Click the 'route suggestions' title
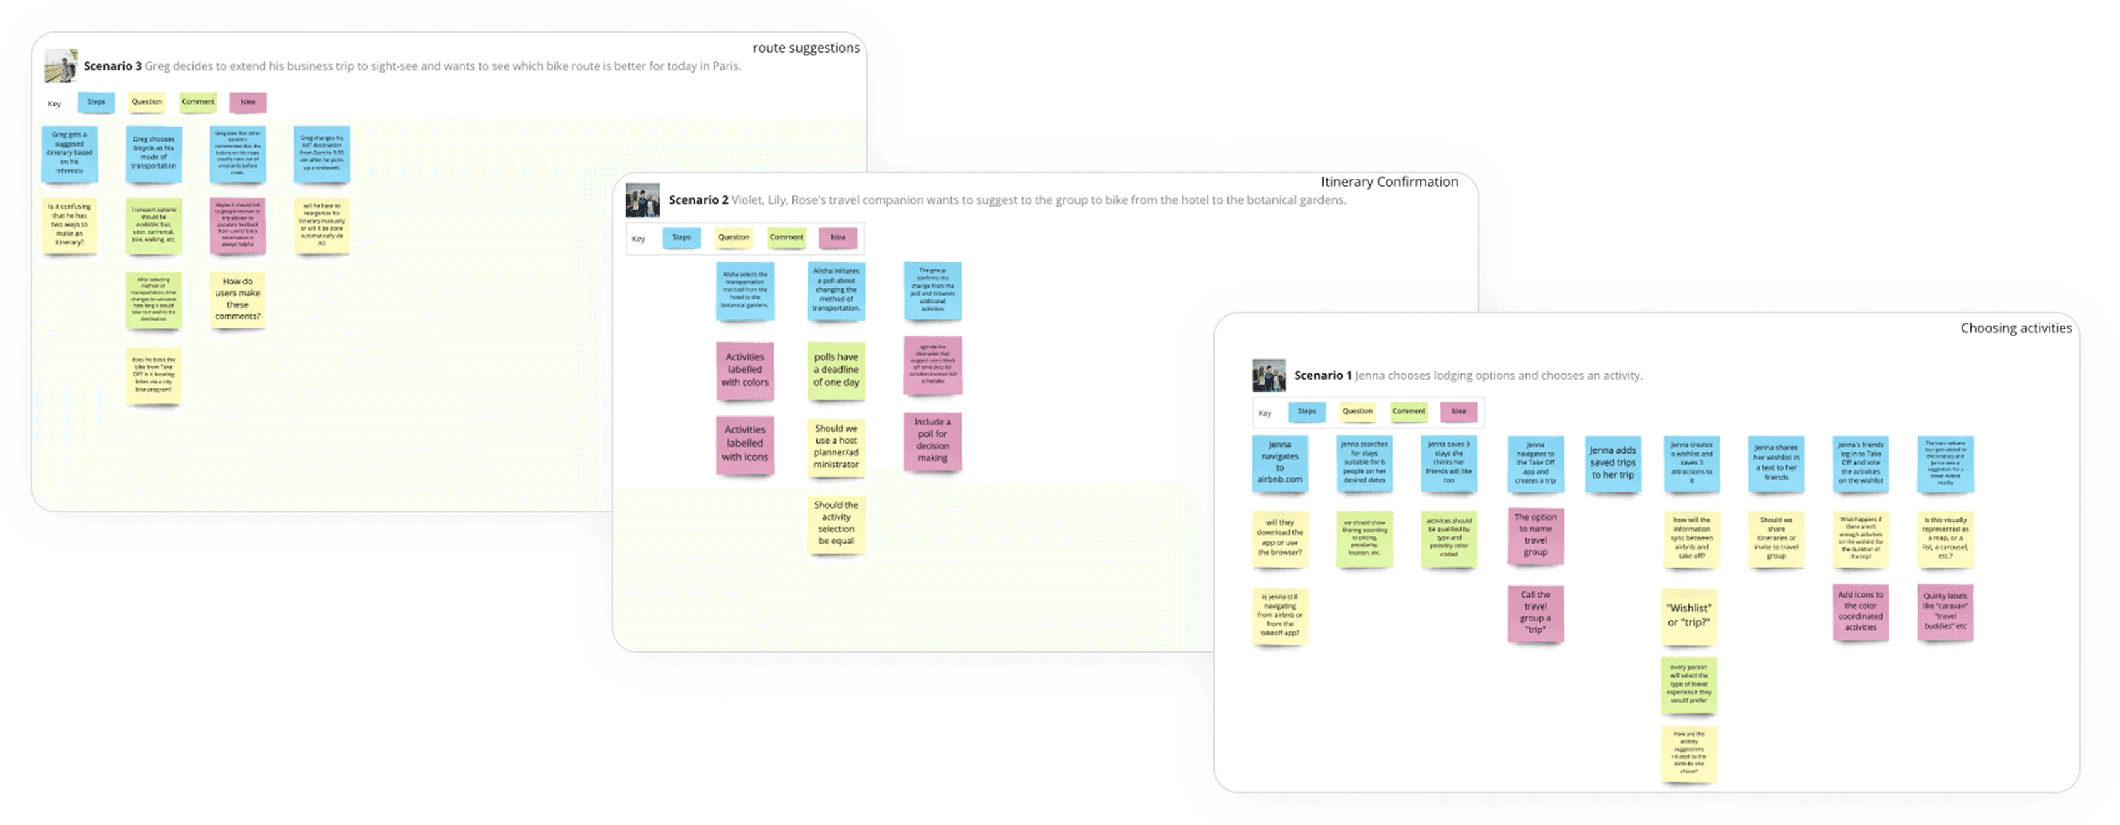805,48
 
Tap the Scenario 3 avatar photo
61,66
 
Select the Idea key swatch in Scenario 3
247,102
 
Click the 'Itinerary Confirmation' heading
1388,182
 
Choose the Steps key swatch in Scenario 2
682,237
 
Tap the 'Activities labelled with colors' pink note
745,370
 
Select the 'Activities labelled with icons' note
745,444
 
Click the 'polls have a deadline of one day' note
836,370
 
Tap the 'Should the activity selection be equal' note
836,523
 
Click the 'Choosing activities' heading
2015,328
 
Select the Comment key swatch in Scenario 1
1408,412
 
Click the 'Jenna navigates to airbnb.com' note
1280,463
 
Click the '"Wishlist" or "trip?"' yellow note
1689,616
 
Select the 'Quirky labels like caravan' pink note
1946,612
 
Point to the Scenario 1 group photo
1268,375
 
